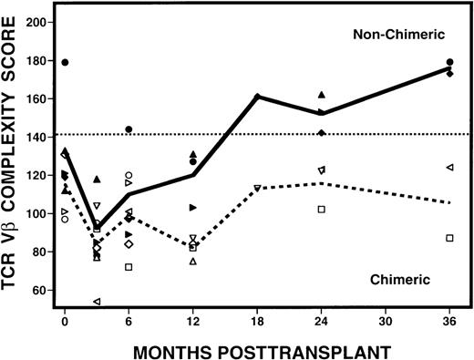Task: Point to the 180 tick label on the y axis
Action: [x=38, y=59]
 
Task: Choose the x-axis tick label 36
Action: [x=449, y=322]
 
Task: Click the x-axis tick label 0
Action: [x=65, y=322]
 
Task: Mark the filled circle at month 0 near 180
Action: [x=65, y=62]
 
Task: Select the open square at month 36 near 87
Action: [x=449, y=238]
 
